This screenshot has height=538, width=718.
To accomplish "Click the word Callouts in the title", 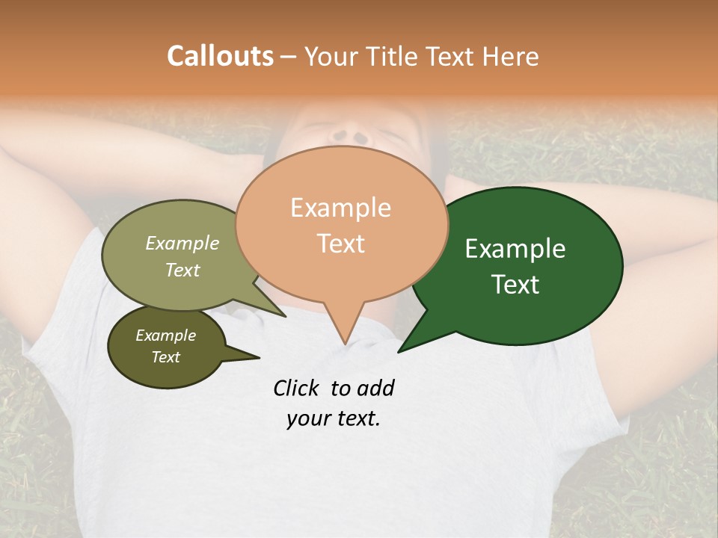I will click(x=220, y=56).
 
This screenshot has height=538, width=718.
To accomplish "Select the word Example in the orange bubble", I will click(x=340, y=208).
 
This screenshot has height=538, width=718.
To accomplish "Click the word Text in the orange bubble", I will click(x=340, y=243).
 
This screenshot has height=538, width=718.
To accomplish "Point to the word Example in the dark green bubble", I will click(x=515, y=249).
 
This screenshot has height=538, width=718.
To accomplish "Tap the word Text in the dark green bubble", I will click(x=515, y=285).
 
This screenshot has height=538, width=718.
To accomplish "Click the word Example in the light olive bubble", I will click(x=182, y=243).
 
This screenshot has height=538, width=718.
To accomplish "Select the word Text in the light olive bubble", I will click(x=182, y=270).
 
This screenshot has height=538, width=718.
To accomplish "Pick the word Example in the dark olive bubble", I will click(x=166, y=336).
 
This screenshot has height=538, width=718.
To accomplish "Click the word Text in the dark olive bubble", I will click(x=166, y=357).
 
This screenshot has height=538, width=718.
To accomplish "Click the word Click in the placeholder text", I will click(x=295, y=388).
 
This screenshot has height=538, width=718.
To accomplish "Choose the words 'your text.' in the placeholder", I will click(x=334, y=418).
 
